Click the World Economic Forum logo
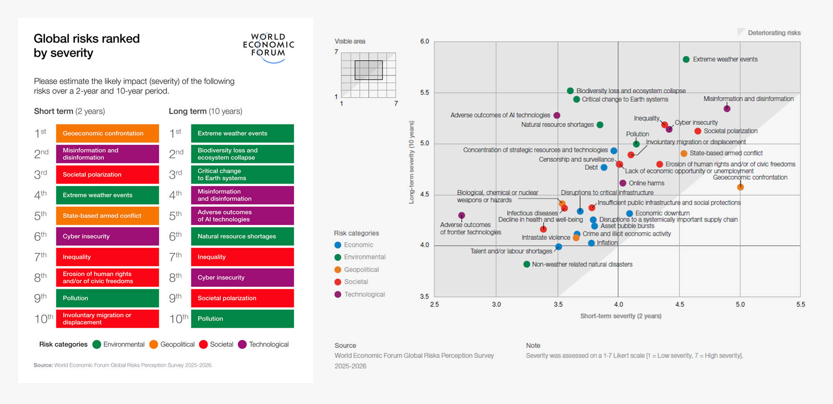point(269,47)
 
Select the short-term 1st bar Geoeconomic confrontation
point(107,133)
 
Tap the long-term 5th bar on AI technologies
point(242,216)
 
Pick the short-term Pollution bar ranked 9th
point(107,298)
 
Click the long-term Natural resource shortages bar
point(242,236)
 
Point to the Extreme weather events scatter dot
point(686,59)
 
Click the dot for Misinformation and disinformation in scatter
point(727,109)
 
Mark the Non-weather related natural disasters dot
point(526,264)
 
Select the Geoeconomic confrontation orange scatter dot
point(740,187)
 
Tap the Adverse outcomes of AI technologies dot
point(557,115)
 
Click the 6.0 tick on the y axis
point(424,41)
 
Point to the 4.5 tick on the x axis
point(679,305)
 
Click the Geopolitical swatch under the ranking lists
point(154,345)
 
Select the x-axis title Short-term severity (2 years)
point(621,316)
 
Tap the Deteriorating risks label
point(774,33)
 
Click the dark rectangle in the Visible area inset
point(369,70)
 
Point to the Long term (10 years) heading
point(205,111)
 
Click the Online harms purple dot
point(623,183)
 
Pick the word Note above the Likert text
point(533,345)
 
